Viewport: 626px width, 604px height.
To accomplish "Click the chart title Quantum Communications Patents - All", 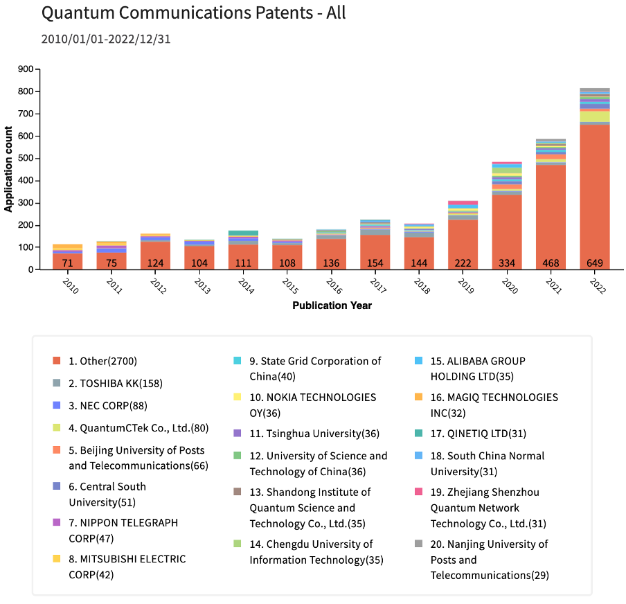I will coord(193,12).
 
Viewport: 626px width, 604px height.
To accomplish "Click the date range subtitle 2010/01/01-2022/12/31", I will coord(106,39).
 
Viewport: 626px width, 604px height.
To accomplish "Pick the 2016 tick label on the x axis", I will coord(334,287).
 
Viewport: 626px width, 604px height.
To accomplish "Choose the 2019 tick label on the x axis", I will coord(465,287).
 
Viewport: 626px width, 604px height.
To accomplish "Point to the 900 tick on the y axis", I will coord(26,69).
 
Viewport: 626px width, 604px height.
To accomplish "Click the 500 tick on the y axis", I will coord(26,159).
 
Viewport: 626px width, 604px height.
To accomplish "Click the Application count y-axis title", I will coord(9,169).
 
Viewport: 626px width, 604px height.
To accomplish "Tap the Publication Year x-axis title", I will coord(332,305).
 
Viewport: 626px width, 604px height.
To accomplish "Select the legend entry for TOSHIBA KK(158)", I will coord(116,383).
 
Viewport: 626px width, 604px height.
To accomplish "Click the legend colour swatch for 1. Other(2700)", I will coord(57,361).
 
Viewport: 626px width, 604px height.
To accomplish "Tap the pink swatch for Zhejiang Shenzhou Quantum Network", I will coord(418,492).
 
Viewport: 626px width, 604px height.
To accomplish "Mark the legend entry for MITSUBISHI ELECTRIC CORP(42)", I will coord(127,566).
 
